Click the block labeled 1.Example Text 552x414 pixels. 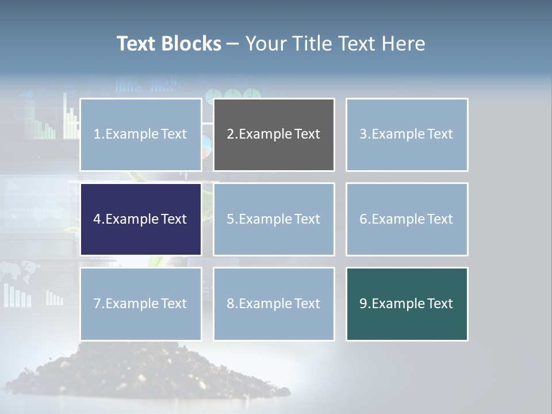coord(141,135)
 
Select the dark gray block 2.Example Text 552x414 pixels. coord(274,135)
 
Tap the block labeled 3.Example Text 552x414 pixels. coord(407,135)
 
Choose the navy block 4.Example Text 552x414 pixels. coord(141,219)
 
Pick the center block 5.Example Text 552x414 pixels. coord(274,219)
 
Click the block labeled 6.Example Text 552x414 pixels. coord(407,219)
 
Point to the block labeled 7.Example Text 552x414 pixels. coord(141,304)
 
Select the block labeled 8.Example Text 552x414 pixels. coord(274,304)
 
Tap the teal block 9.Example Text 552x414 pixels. coord(407,304)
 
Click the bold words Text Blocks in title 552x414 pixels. coord(168,44)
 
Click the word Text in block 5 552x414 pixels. coord(307,219)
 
